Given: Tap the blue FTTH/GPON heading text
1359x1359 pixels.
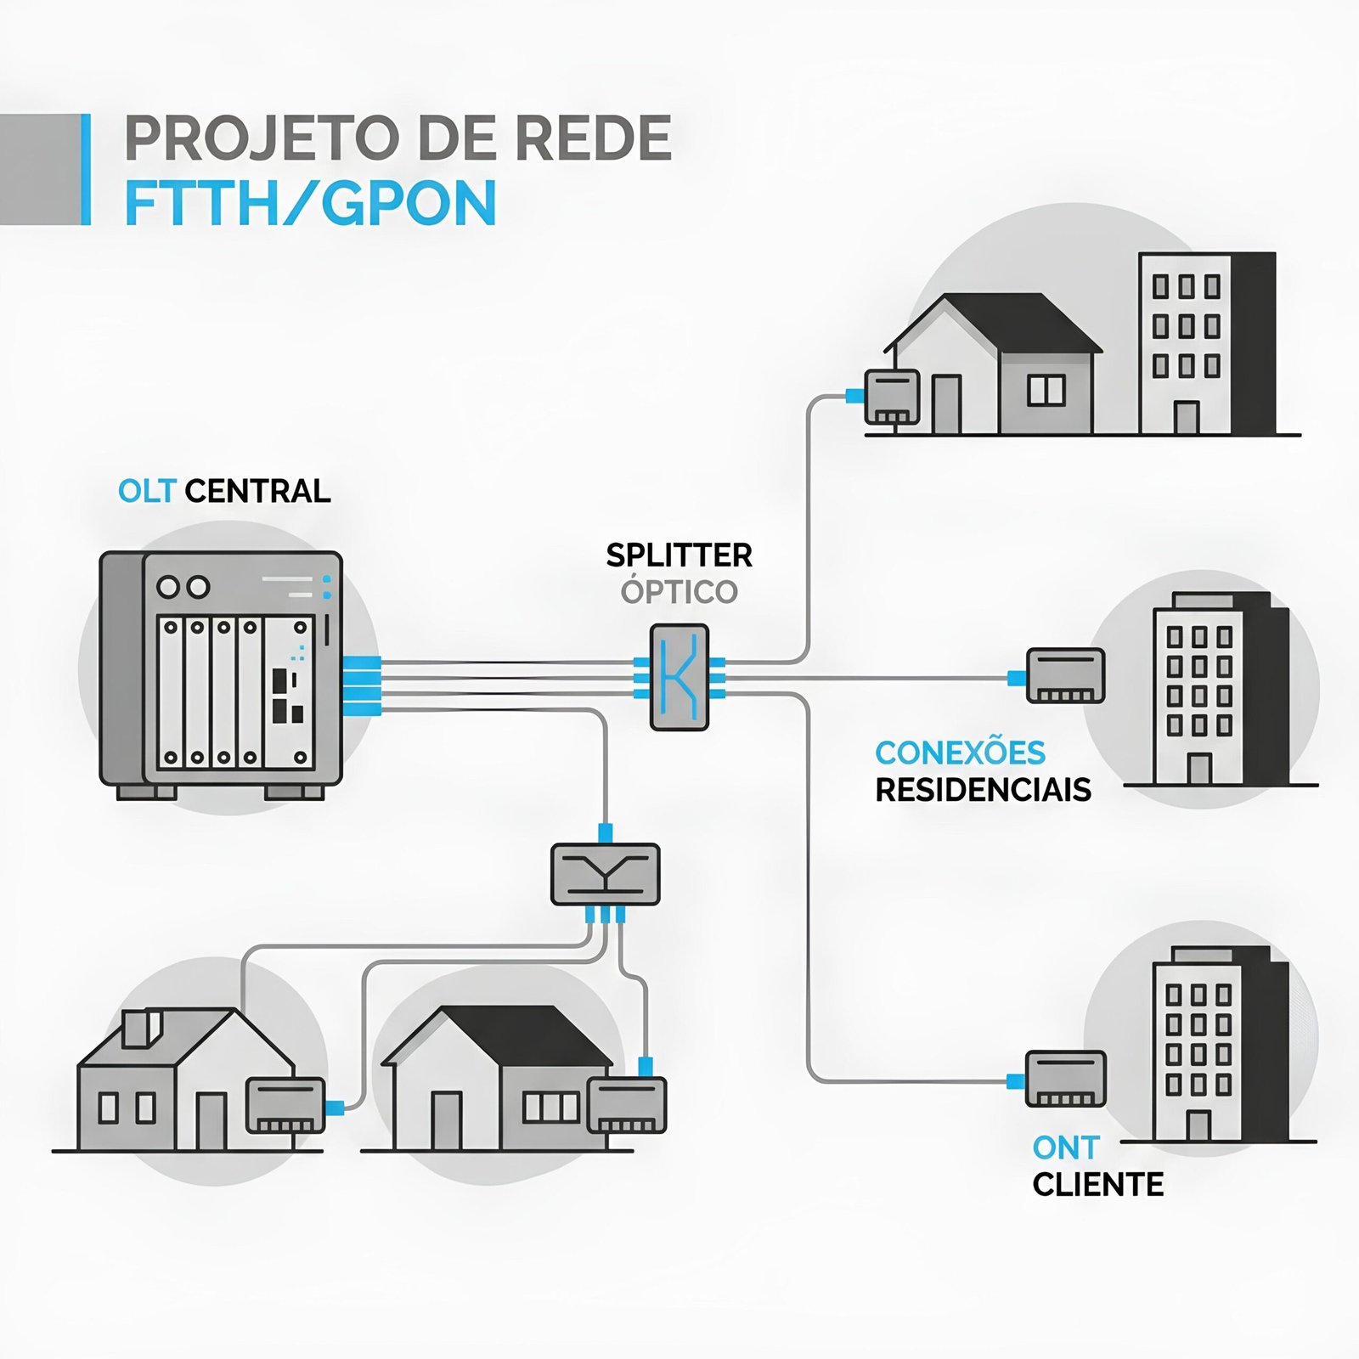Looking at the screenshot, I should pos(310,204).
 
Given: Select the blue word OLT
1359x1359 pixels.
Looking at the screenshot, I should pos(146,491).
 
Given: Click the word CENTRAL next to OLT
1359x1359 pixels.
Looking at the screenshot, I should pos(257,491).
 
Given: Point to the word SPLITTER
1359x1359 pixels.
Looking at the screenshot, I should pos(679,555).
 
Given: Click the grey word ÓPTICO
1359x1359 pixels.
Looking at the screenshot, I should pos(679,592).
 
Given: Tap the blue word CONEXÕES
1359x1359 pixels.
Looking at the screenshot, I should pos(960,753).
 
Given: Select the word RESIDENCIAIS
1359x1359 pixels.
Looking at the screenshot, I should pos(983,790).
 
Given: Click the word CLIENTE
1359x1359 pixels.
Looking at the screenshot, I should pos(1097,1185).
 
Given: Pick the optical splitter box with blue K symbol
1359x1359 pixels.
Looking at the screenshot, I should pos(679,678).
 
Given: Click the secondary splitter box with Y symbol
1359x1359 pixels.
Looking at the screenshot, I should pos(605,874).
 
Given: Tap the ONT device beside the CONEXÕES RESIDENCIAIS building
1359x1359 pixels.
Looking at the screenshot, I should pos(1065,676).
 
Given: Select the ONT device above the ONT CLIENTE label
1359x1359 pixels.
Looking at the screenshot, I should pos(1065,1079).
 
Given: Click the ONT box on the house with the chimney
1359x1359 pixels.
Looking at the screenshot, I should pos(285,1106).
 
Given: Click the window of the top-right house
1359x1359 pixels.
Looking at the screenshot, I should pos(1046,390).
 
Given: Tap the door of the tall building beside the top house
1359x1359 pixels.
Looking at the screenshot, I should pos(1186,417).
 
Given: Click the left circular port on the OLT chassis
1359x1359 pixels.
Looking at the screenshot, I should pos(168,587).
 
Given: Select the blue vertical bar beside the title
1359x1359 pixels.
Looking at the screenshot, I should pos(85,170).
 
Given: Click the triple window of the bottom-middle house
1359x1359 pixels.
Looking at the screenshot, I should pos(550,1107).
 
